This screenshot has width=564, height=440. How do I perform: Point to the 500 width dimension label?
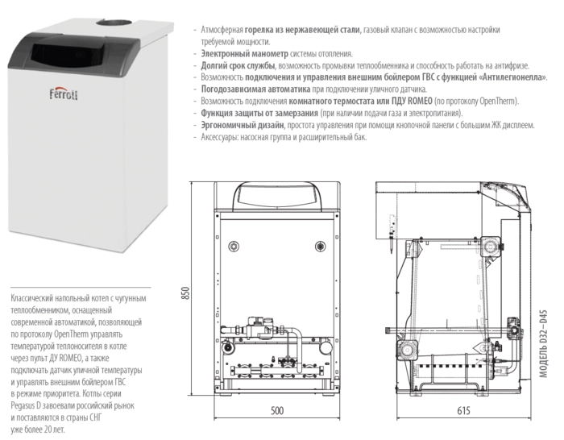[276, 411]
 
